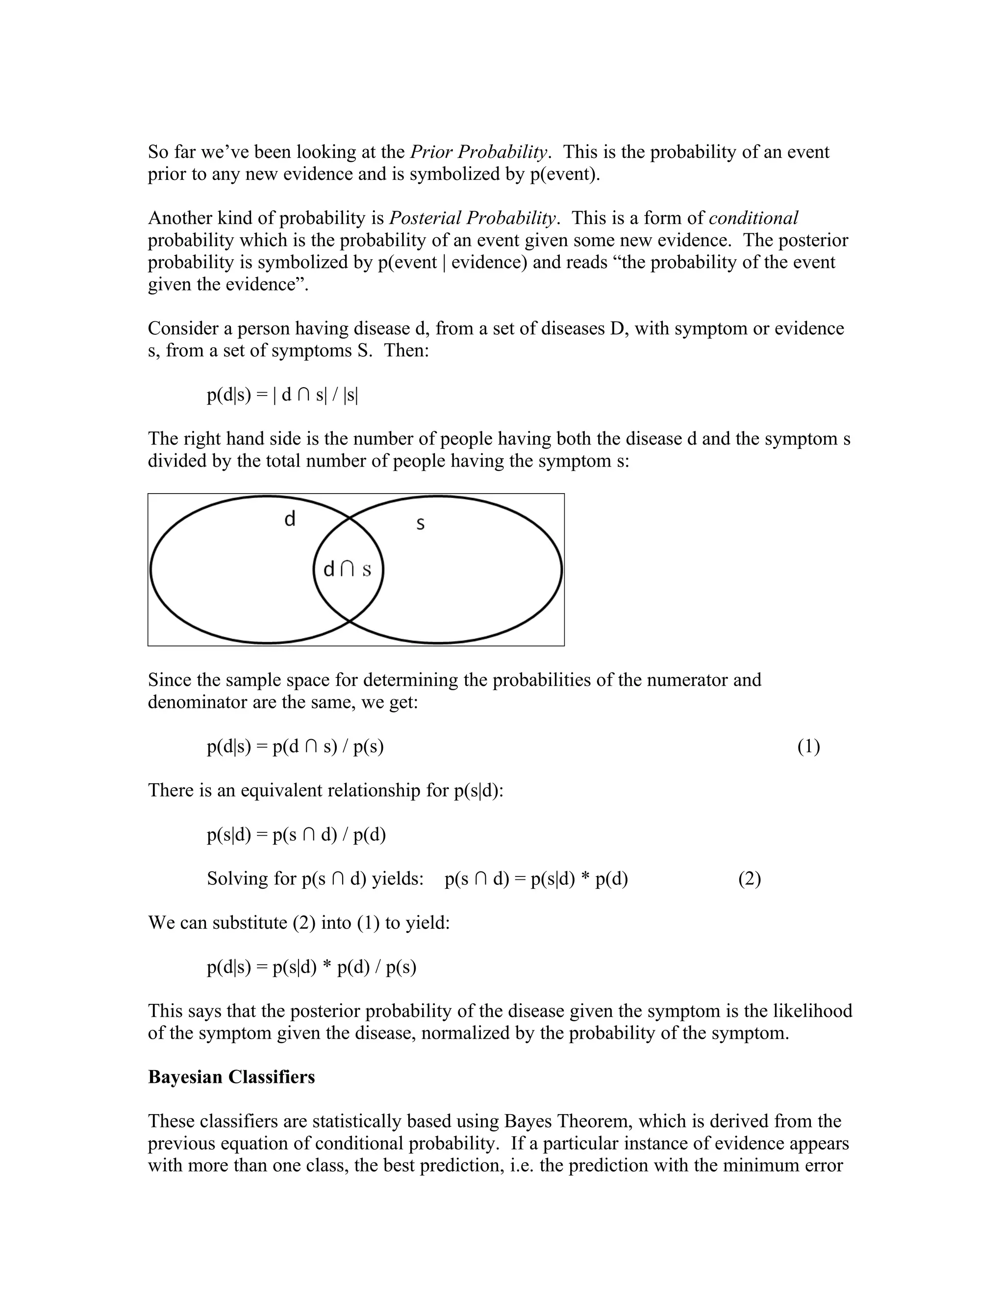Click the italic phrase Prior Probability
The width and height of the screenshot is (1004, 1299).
click(x=479, y=152)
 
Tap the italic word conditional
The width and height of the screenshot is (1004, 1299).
click(x=753, y=218)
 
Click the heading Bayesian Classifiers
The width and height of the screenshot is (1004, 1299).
click(x=231, y=1077)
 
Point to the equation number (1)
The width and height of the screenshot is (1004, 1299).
click(x=808, y=747)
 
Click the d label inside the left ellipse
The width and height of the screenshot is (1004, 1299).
click(x=290, y=519)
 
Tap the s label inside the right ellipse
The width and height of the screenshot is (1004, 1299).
click(x=420, y=524)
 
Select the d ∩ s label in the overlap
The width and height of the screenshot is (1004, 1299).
click(x=347, y=570)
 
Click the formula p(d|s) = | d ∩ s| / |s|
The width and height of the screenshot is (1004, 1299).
click(x=282, y=395)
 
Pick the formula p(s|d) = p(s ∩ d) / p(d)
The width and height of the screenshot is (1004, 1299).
click(x=296, y=835)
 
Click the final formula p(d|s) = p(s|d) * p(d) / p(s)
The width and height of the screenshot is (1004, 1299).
click(x=311, y=967)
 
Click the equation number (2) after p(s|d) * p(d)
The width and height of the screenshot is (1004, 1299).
click(x=750, y=879)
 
